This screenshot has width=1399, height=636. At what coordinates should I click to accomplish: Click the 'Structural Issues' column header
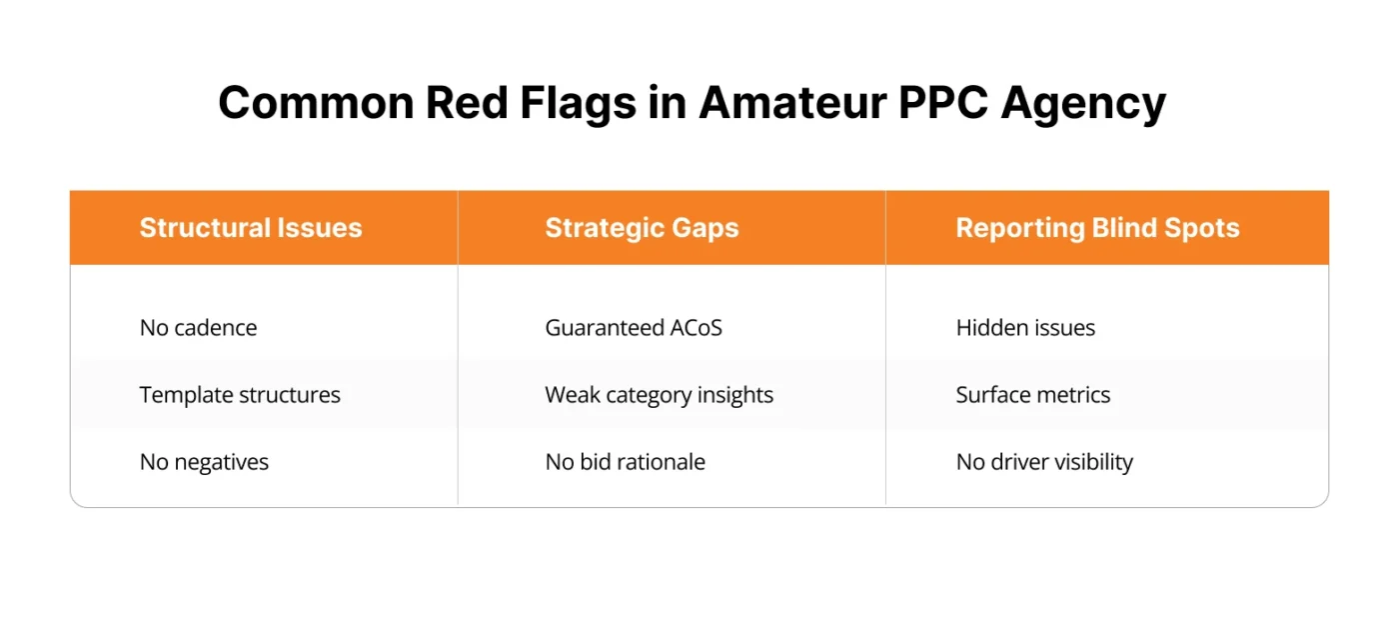point(251,228)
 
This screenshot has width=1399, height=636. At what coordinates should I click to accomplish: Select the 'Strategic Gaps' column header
point(642,228)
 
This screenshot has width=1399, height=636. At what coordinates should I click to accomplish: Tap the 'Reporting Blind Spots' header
point(1097,228)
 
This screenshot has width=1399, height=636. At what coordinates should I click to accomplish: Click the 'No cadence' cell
point(198,328)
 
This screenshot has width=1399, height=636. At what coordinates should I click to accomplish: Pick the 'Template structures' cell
point(240,395)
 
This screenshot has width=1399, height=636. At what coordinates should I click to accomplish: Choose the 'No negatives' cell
point(204,462)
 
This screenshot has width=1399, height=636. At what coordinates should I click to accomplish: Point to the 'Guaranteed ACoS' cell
point(634,328)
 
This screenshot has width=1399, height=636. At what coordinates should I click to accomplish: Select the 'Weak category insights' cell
point(659,395)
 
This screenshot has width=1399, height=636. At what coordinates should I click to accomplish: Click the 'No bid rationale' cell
point(625,462)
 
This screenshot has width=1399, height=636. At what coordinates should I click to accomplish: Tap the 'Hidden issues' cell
point(1025,328)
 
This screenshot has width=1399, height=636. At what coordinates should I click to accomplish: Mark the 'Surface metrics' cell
point(1032,395)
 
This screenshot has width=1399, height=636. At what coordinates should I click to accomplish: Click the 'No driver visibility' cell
point(1044,462)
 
